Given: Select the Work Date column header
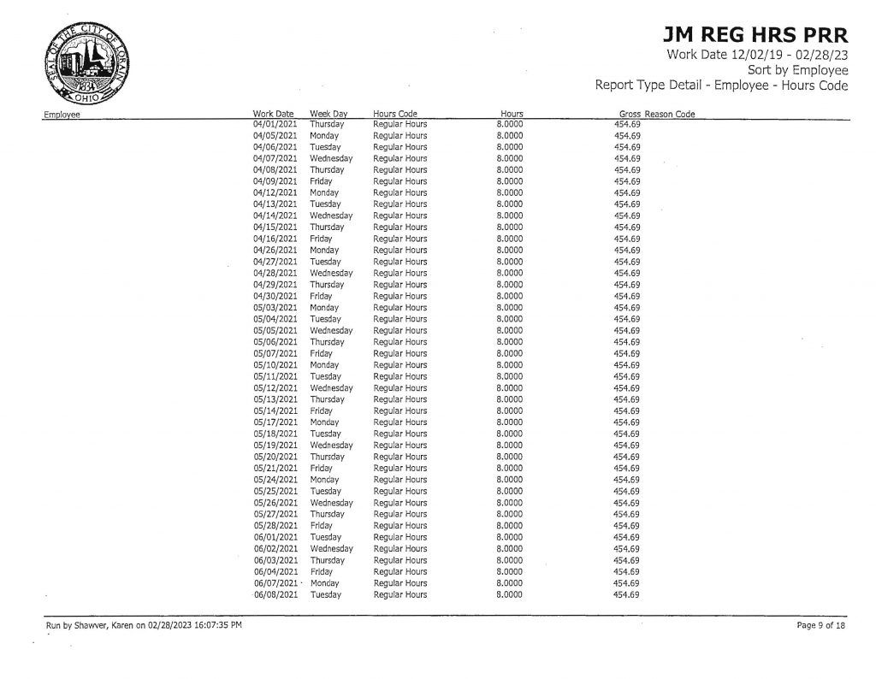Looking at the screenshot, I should point(274,114).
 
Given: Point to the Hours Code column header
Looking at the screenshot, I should point(395,114).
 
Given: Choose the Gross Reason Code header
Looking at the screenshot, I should point(656,114).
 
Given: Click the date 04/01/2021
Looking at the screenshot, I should point(275,124).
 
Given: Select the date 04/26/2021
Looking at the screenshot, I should point(275,251).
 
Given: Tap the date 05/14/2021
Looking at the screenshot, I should point(275,410).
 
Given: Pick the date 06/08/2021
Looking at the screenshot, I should point(275,594).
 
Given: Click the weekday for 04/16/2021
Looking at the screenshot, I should point(321,239).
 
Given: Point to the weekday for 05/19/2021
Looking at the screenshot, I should point(331,445).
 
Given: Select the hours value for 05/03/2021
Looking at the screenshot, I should point(510,307).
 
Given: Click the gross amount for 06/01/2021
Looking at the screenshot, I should point(627,537).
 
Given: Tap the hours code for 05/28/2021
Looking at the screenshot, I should point(400,525).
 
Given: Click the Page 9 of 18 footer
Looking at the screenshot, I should point(821,627).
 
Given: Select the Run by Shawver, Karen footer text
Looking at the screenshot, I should point(144,627).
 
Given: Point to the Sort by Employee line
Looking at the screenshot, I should point(797,70).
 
